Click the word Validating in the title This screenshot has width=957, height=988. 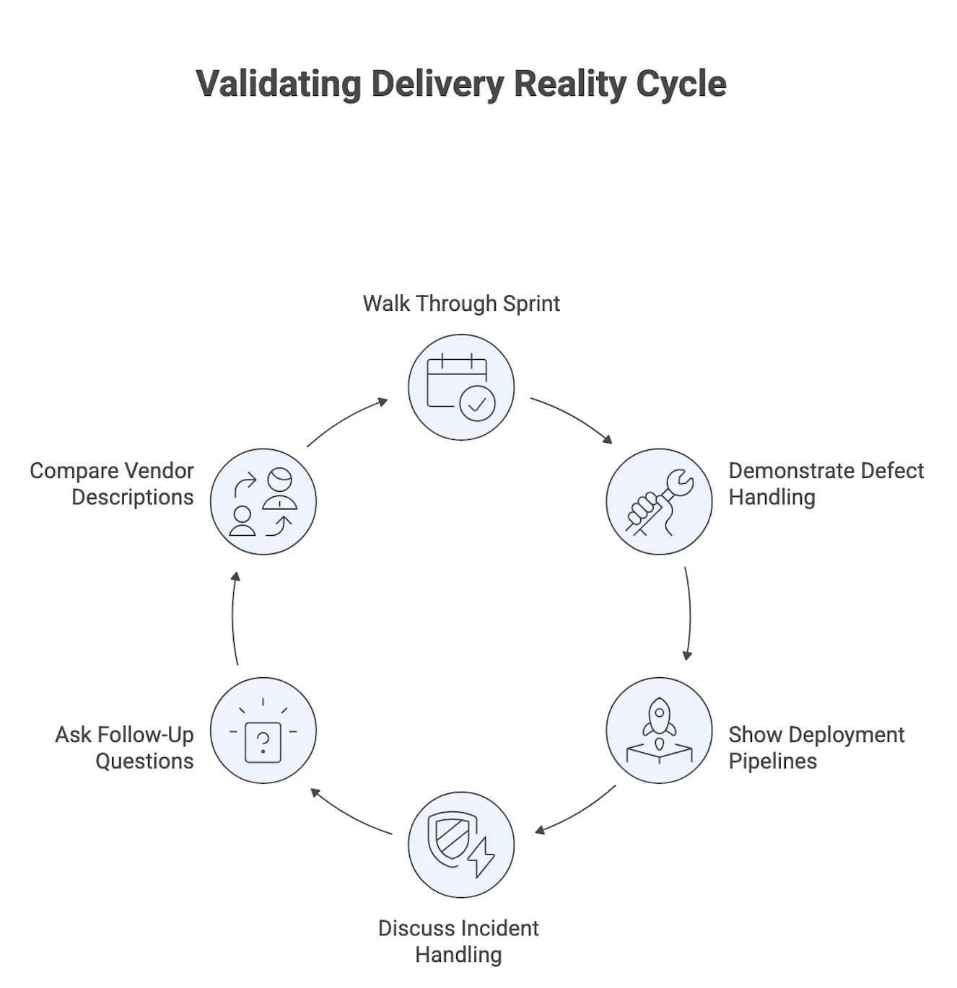coord(279,84)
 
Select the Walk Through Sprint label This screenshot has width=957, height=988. coord(461,304)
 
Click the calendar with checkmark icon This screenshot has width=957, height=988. coord(461,387)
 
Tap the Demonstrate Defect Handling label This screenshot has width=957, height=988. coord(826,484)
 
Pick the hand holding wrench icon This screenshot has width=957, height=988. coord(659,502)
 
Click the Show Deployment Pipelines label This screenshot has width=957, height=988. coord(816,748)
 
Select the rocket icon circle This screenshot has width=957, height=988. coord(659,731)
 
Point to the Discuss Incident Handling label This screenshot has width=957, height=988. coord(458,941)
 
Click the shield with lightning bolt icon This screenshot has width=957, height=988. coord(461,844)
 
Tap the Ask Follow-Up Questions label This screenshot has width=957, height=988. coord(124,748)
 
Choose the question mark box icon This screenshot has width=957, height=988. coord(263,731)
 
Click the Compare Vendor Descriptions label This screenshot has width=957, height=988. coord(112,484)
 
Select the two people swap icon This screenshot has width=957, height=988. coord(263,502)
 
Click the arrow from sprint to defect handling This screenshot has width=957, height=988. coord(573,418)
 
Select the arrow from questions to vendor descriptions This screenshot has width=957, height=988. coord(233,617)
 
